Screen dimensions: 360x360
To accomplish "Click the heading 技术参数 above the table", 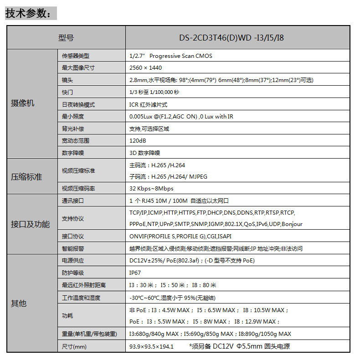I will pos(31,14).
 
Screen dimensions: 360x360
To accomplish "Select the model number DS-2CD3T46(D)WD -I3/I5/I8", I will pos(237,37).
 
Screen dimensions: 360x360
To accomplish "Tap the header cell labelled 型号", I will pos(66,37).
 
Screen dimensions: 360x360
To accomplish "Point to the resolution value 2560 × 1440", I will pos(145,68).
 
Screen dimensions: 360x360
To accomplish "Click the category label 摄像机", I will pos(23,103).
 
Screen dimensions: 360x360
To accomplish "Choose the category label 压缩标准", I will pos(26,176).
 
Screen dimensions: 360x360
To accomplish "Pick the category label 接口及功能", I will pos(30,224).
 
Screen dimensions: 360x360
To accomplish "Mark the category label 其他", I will pos(19,303).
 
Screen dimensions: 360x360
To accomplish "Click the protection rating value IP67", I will pos(136,273).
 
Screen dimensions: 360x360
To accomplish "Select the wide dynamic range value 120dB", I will pos(138,141).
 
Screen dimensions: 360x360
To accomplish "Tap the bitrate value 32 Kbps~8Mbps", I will pos(151,188).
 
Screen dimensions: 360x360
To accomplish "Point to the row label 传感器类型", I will pos(76,56).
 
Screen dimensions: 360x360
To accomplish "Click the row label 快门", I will pos(67,92).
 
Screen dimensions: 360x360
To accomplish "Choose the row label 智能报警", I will pos(73,248).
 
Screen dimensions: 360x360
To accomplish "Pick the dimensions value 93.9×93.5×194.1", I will pos(151,346).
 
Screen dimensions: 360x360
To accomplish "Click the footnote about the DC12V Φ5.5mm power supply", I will pos(239,346).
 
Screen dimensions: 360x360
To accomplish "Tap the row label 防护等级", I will pos(73,273).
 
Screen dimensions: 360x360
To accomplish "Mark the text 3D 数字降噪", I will pos(145,153).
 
